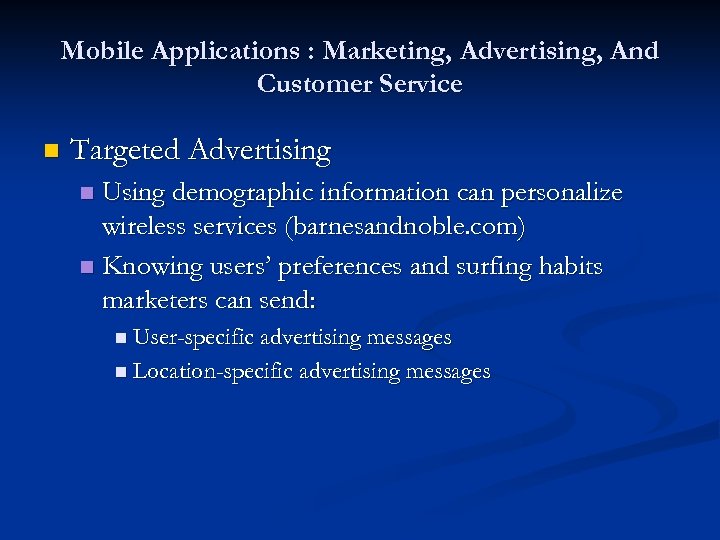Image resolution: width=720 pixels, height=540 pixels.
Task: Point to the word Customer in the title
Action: [311, 84]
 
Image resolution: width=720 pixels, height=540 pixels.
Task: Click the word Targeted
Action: [126, 150]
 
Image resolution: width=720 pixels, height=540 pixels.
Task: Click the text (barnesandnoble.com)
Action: [404, 227]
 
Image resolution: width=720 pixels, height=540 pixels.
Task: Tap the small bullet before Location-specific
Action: [120, 373]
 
